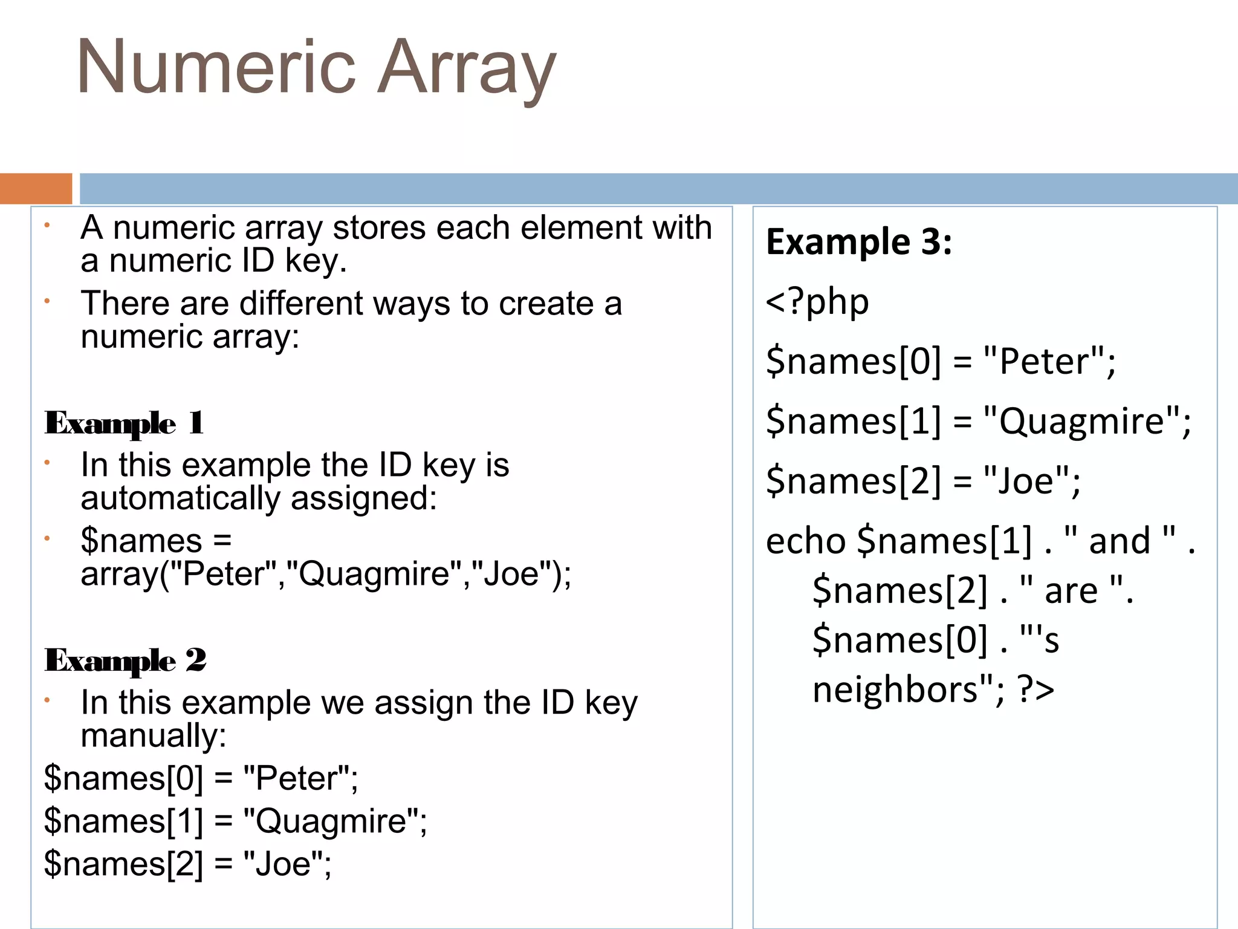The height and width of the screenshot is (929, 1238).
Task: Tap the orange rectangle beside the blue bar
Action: click(36, 188)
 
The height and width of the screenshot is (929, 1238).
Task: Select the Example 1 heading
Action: click(124, 423)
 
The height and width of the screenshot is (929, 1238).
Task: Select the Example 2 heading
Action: click(125, 660)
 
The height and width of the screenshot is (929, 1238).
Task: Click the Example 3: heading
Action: click(859, 242)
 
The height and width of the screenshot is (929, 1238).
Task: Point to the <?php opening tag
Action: click(817, 301)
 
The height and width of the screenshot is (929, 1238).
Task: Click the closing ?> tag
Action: click(1036, 689)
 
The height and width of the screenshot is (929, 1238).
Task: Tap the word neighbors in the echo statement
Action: click(895, 689)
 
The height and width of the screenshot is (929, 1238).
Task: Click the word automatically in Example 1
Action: click(180, 498)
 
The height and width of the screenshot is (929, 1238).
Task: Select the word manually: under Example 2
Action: click(154, 735)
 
